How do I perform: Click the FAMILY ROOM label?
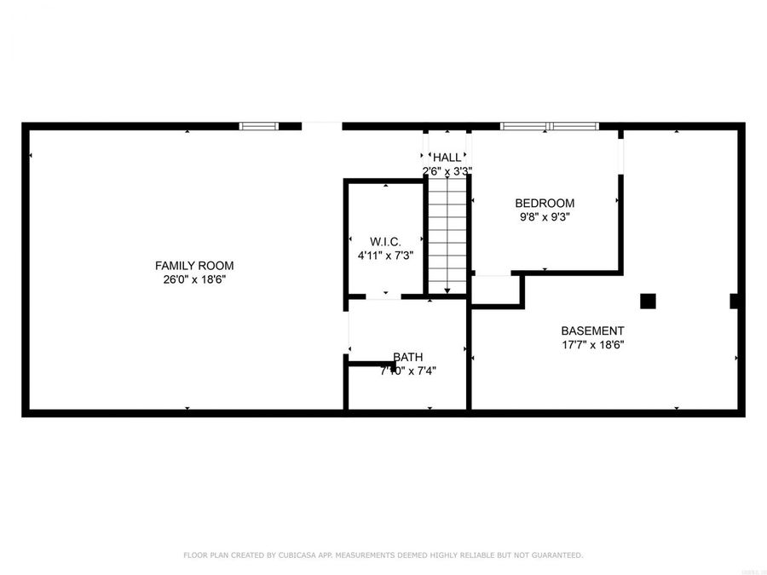click(193, 266)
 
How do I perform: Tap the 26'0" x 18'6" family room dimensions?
click(193, 279)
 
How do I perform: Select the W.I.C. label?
click(385, 241)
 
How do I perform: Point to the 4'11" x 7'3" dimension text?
click(385, 255)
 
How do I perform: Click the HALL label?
click(447, 158)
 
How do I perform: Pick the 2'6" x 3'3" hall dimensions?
click(447, 171)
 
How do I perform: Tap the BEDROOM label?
click(545, 203)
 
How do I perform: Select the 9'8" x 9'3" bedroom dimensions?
click(545, 216)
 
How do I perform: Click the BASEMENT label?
click(592, 331)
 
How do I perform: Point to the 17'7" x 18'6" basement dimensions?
click(592, 345)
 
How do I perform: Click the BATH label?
click(407, 357)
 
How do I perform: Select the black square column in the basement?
click(648, 301)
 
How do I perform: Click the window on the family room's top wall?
click(258, 126)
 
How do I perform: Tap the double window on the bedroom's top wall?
click(550, 126)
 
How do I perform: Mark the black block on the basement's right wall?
click(735, 301)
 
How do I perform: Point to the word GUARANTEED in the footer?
click(557, 555)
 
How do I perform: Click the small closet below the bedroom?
click(496, 289)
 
